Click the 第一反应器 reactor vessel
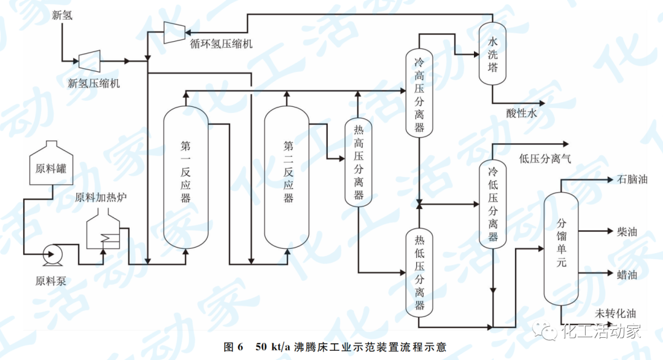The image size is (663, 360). pos(186,178)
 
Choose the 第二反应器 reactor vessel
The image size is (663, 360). pos(287,178)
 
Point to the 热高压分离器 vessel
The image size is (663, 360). pos(359,163)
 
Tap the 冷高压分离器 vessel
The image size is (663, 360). pos(419,92)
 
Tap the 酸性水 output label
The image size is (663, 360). pos(521,114)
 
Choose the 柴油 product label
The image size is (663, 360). pos(627,232)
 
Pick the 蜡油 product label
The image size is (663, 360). pos(627,275)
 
